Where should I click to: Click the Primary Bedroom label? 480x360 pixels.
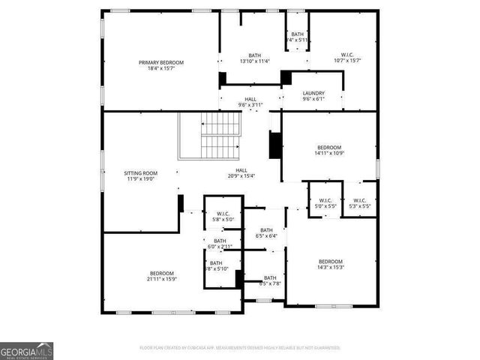tap(160, 62)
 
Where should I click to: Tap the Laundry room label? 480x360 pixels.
tap(313, 93)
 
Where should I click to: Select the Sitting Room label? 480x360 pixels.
tap(140, 173)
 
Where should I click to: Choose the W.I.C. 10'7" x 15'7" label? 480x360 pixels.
tap(347, 55)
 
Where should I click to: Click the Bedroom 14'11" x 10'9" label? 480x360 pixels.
tap(328, 147)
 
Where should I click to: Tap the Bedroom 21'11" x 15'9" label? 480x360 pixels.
tap(161, 273)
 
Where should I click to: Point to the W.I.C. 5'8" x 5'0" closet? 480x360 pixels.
tap(222, 214)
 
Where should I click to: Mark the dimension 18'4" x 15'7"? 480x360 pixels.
tap(160, 67)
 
